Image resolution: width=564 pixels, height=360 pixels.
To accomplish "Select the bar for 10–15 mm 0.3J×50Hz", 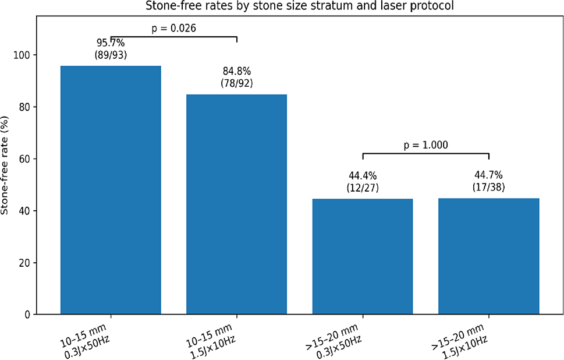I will click(x=111, y=192).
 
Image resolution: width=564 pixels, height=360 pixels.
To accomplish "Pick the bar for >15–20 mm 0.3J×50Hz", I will click(x=363, y=256).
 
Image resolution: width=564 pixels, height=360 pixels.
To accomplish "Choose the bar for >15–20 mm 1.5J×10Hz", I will click(x=488, y=256).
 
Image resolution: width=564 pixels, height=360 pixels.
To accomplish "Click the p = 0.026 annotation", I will click(x=173, y=28).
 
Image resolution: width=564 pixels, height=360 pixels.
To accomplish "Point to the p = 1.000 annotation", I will click(x=425, y=145).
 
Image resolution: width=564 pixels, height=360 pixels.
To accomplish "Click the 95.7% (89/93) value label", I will click(x=111, y=48).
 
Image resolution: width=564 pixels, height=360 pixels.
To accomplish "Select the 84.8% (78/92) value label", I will click(x=236, y=77).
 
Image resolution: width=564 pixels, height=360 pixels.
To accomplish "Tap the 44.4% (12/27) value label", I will click(x=363, y=181).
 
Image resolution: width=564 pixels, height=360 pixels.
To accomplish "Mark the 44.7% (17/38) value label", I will click(x=488, y=181).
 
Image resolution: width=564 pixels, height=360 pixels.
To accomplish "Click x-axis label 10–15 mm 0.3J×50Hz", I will click(x=87, y=336).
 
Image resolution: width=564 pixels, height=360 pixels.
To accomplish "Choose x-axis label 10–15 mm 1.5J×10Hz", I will click(x=213, y=336).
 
